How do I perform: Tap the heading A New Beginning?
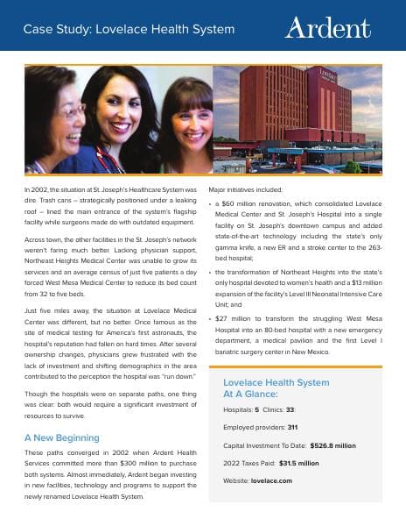(x=62, y=437)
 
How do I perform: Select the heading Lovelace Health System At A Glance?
(x=276, y=388)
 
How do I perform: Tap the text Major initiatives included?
(x=244, y=188)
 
